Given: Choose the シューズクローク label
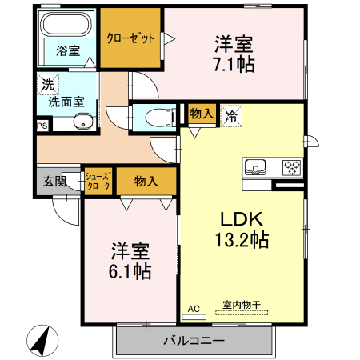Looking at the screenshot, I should pos(99,181).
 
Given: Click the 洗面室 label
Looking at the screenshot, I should pos(67,102).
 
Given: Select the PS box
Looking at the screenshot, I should pos(42,125).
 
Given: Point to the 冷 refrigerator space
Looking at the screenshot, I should pos(230,114).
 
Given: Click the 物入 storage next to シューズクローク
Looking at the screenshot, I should pos(146,181).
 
